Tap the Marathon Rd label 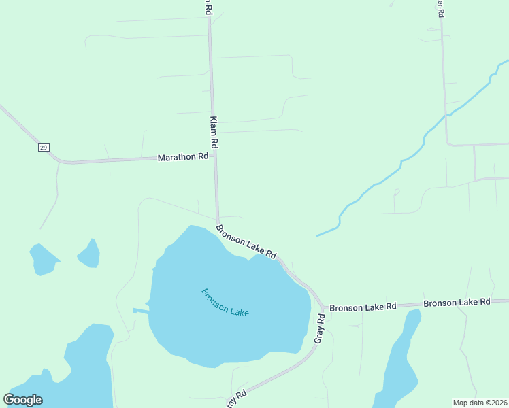(182, 157)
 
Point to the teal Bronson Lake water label (225, 303)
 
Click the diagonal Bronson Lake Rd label (246, 241)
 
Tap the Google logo (23, 400)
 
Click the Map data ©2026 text (479, 403)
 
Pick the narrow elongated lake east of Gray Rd (400, 360)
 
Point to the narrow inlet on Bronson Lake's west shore (141, 311)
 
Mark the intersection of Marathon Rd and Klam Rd (215, 156)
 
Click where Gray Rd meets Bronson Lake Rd (322, 307)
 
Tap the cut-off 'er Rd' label (440, 8)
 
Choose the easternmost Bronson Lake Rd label (457, 302)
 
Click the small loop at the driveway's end (397, 192)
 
